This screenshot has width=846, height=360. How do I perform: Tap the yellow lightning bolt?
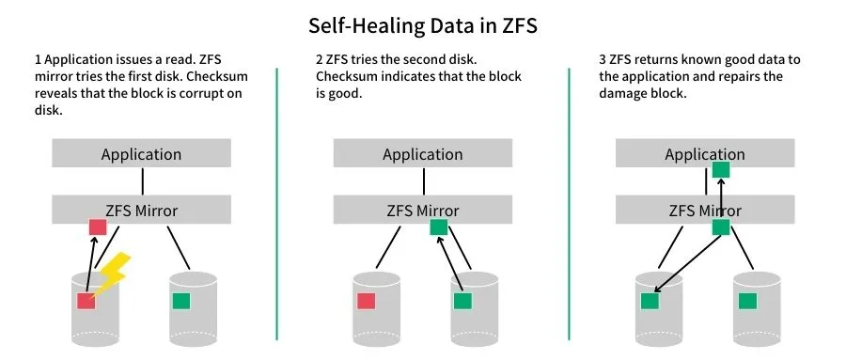pyautogui.click(x=112, y=274)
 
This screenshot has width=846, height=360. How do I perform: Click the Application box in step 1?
pyautogui.click(x=141, y=154)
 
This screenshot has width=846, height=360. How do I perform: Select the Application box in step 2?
pyautogui.click(x=423, y=154)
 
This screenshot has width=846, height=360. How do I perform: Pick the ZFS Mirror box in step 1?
pyautogui.click(x=141, y=210)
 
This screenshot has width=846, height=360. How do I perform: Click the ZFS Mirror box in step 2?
pyautogui.click(x=423, y=210)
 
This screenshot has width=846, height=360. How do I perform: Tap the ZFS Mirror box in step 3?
pyautogui.click(x=705, y=210)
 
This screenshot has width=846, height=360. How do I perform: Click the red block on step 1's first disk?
pyautogui.click(x=86, y=301)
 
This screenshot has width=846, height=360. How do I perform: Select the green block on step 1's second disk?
pyautogui.click(x=181, y=301)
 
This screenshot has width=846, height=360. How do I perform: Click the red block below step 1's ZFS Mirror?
pyautogui.click(x=97, y=227)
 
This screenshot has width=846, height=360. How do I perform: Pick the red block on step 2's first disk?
pyautogui.click(x=367, y=301)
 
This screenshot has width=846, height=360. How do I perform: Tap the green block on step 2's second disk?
pyautogui.click(x=462, y=301)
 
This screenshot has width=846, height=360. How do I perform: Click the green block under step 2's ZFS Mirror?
pyautogui.click(x=438, y=227)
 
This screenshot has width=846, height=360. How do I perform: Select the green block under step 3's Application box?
pyautogui.click(x=721, y=170)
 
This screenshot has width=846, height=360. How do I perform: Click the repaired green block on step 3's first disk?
pyautogui.click(x=649, y=301)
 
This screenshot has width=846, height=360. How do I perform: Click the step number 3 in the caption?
pyautogui.click(x=602, y=60)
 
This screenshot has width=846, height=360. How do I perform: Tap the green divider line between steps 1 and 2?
pyautogui.click(x=277, y=202)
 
